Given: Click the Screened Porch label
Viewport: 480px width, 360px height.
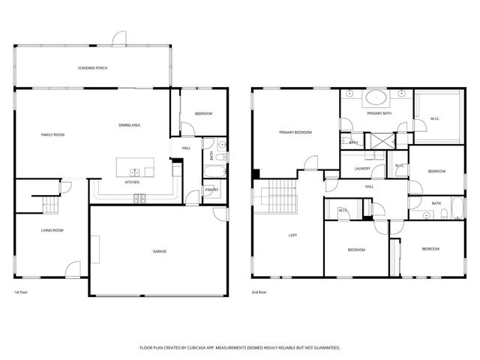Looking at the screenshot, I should tap(92, 68).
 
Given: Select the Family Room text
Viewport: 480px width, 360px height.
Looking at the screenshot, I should tap(52, 134).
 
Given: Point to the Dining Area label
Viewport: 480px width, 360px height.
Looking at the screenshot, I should tap(130, 124).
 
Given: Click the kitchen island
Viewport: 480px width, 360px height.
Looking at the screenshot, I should tap(135, 167).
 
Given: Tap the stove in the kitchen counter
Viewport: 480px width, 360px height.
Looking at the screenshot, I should tap(139, 198).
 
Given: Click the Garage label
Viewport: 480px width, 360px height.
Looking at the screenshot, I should tap(159, 251).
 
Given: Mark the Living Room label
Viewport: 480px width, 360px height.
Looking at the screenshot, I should tap(52, 230).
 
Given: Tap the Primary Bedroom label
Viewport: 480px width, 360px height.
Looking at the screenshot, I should tap(295, 132).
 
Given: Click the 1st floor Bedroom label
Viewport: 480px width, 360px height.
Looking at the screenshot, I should tap(203, 113).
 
